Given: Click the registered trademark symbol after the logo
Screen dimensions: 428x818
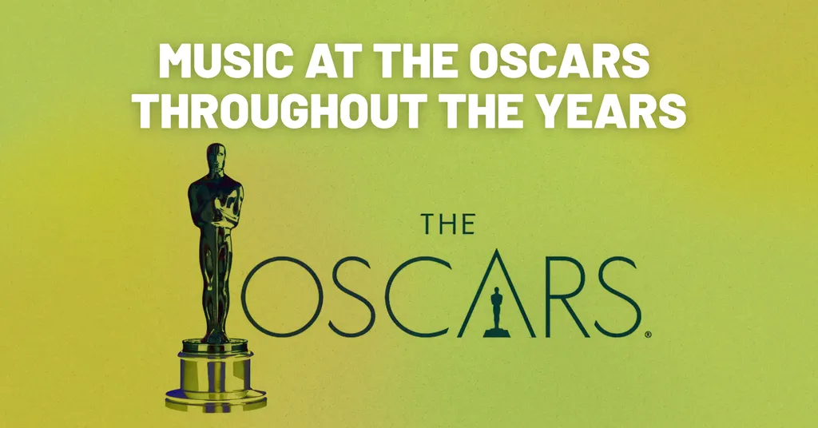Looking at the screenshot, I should (x=648, y=335).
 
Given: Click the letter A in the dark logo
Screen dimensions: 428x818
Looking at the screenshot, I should (x=495, y=295).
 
